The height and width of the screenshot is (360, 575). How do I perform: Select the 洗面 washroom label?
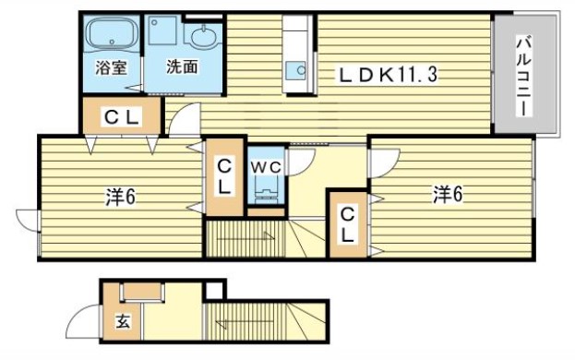tap(182, 66)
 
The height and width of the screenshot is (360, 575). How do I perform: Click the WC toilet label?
tap(268, 165)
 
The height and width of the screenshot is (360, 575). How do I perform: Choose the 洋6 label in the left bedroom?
tap(119, 196)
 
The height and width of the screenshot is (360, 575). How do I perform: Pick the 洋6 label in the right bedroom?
tap(449, 194)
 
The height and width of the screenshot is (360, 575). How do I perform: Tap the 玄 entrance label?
tap(123, 322)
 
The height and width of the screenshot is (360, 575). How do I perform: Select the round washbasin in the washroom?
tap(203, 38)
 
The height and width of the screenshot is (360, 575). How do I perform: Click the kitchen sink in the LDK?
tap(297, 69)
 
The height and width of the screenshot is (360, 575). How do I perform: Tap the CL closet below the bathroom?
tap(121, 116)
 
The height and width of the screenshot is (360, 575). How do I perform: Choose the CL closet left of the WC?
tap(225, 175)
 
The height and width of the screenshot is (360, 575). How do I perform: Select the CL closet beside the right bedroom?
tap(347, 224)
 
